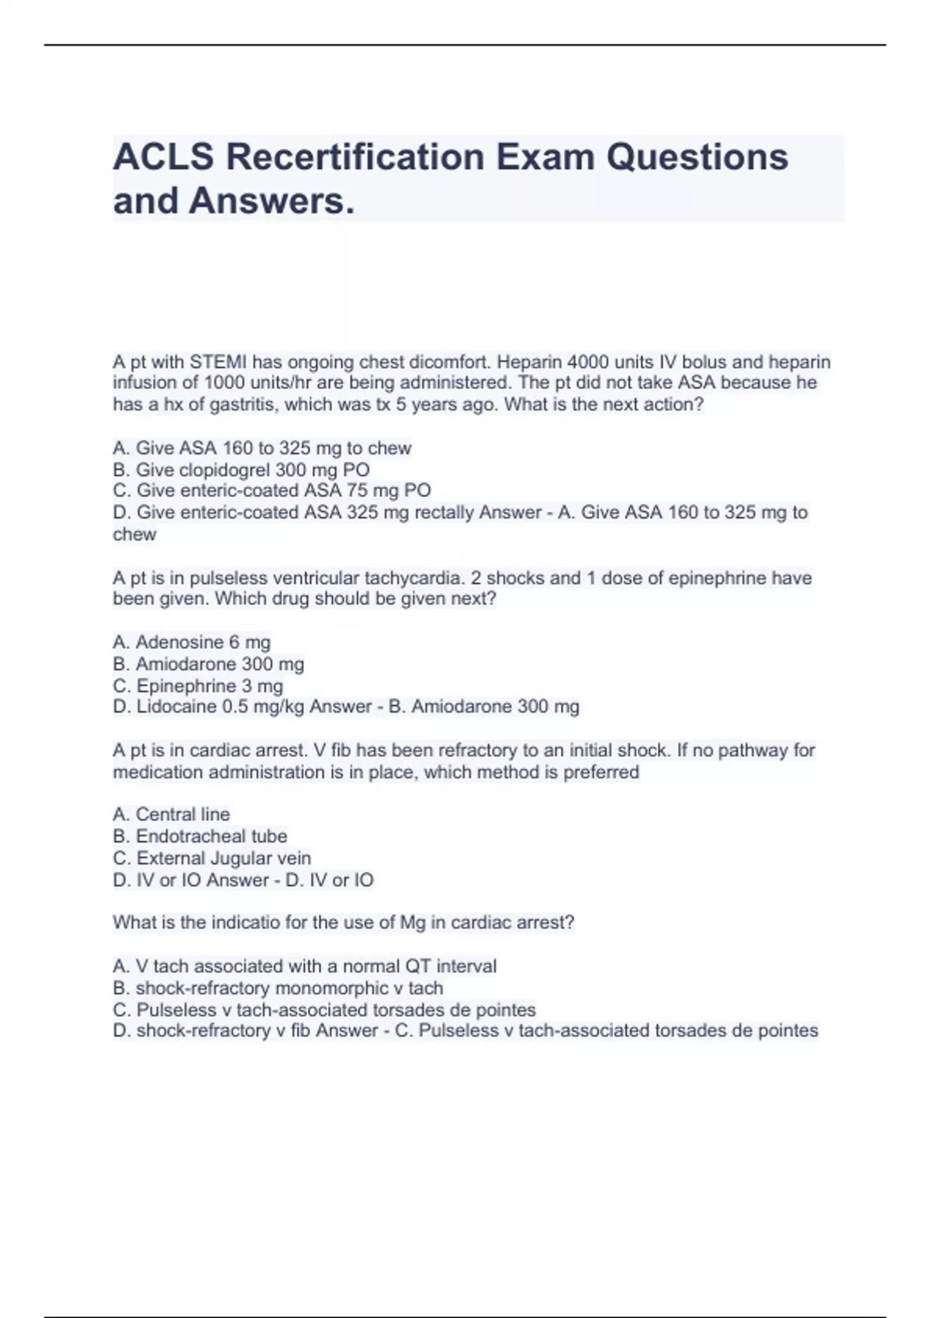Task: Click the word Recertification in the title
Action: point(355,157)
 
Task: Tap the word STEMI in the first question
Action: point(218,362)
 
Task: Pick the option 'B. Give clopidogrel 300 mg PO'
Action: point(241,470)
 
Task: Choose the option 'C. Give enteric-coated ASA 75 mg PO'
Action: point(272,491)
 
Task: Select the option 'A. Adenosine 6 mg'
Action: point(192,642)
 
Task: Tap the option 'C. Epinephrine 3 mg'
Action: point(198,686)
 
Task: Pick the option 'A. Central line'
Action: point(171,814)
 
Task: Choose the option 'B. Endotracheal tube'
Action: point(200,836)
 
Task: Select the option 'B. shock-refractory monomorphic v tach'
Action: point(278,988)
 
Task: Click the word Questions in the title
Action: point(697,157)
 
